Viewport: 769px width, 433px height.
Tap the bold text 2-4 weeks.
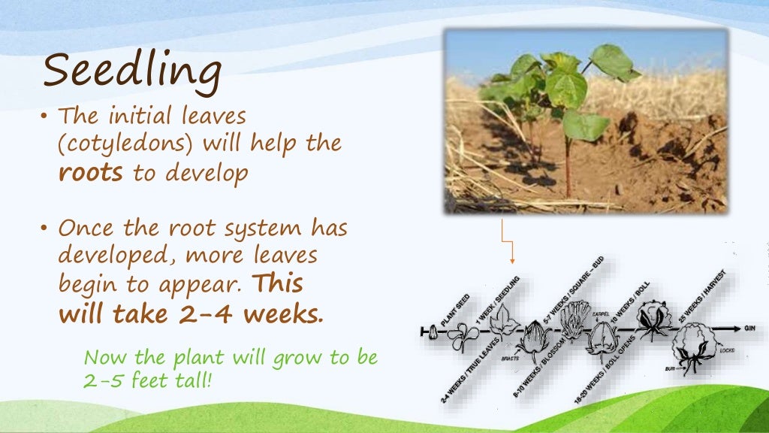(x=251, y=313)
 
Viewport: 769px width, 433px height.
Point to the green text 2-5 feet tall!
(x=147, y=380)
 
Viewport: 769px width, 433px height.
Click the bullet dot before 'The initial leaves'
(x=46, y=117)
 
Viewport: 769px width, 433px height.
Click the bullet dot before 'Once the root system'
(x=46, y=228)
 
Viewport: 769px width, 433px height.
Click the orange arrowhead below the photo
(x=513, y=260)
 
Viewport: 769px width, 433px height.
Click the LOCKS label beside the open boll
(x=725, y=350)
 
